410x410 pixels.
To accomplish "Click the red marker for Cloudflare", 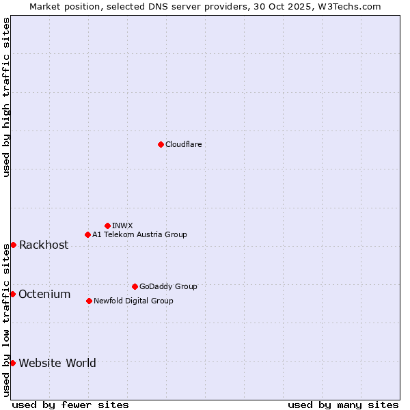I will coord(161,144).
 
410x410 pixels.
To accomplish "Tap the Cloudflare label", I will coord(183,144).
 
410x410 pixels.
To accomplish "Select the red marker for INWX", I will coord(107,225).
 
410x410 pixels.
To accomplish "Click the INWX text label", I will coord(122,225).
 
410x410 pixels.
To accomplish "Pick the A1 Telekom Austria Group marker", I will coord(87,234).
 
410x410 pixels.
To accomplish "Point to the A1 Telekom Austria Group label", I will coord(139,234).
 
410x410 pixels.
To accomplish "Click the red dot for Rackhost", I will coord(13,245).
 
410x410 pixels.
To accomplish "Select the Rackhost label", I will coord(44,245).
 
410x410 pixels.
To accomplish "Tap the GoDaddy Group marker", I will coord(135,286).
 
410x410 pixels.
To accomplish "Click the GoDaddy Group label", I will coord(168,286).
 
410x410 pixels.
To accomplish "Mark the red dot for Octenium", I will coord(12,294).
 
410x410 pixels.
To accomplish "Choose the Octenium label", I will coord(44,295).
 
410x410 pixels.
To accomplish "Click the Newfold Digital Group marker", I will coord(89,301).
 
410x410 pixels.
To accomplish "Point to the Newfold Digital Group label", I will coord(133,301).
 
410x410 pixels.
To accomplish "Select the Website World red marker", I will coord(12,363).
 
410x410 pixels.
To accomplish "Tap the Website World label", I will coord(57,364).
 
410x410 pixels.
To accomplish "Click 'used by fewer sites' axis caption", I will coord(70,405).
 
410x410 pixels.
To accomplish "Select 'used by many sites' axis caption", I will coord(343,405).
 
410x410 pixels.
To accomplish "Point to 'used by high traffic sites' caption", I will coord(6,97).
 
